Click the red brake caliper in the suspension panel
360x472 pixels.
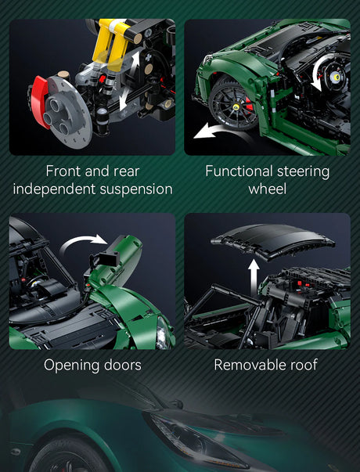tap(38, 99)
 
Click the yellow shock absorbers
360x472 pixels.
tap(111, 45)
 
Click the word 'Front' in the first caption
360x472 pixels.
tap(63, 171)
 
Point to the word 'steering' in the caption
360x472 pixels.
tap(303, 172)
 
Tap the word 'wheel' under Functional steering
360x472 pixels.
tap(268, 189)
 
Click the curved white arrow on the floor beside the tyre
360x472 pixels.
tap(217, 130)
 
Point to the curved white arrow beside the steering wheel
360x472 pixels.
tap(317, 73)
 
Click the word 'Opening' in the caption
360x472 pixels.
tap(70, 366)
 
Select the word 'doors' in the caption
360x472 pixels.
tap(123, 365)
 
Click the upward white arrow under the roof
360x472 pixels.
tap(254, 278)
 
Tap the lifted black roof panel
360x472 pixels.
tap(272, 241)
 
